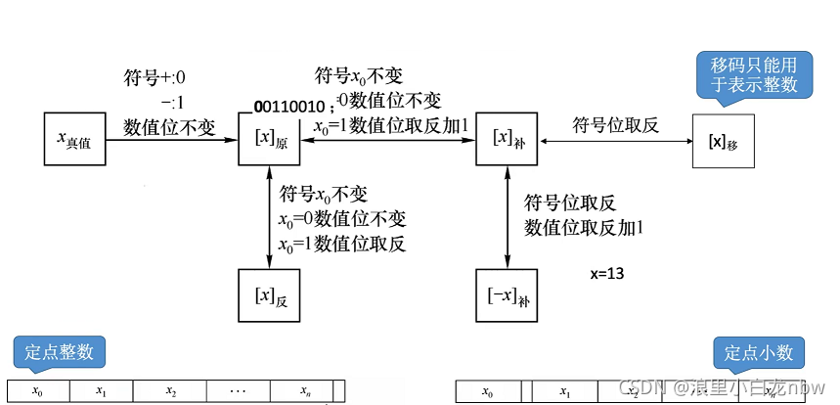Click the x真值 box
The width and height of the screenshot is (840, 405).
pyautogui.click(x=74, y=140)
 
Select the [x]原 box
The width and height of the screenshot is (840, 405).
pyautogui.click(x=270, y=140)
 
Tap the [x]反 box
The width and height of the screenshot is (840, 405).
pyautogui.click(x=270, y=294)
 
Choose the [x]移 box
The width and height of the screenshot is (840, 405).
pyautogui.click(x=723, y=140)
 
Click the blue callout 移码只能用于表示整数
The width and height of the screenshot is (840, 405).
pyautogui.click(x=753, y=73)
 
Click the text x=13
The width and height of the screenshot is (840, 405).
pyautogui.click(x=607, y=274)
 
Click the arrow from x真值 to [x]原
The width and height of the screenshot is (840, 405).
pyautogui.click(x=171, y=140)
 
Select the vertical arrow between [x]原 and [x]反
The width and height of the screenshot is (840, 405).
pyautogui.click(x=270, y=216)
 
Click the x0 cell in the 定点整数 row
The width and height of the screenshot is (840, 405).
pyautogui.click(x=38, y=391)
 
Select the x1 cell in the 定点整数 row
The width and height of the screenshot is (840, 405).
pyautogui.click(x=101, y=391)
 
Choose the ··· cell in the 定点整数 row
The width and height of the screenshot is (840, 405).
pyautogui.click(x=237, y=391)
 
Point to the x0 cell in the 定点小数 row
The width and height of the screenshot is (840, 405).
pyautogui.click(x=488, y=391)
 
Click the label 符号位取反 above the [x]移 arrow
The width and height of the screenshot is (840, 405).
pyautogui.click(x=612, y=123)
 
